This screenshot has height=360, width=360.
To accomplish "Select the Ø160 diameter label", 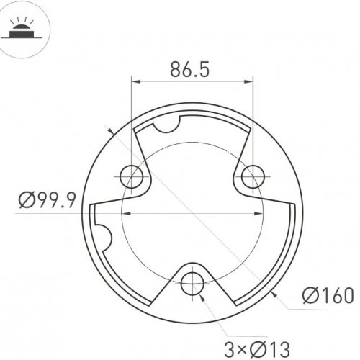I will click(328, 295).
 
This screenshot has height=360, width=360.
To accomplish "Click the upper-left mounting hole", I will click(131, 176).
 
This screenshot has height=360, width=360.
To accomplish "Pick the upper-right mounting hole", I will click(253, 176).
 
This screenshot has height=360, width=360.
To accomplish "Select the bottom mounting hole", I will click(192, 284).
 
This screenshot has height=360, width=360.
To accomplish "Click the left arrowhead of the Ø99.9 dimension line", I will click(127, 214).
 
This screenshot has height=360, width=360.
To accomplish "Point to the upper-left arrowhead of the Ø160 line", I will click(109, 132).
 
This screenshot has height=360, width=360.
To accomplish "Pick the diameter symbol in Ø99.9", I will click(25, 200).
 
